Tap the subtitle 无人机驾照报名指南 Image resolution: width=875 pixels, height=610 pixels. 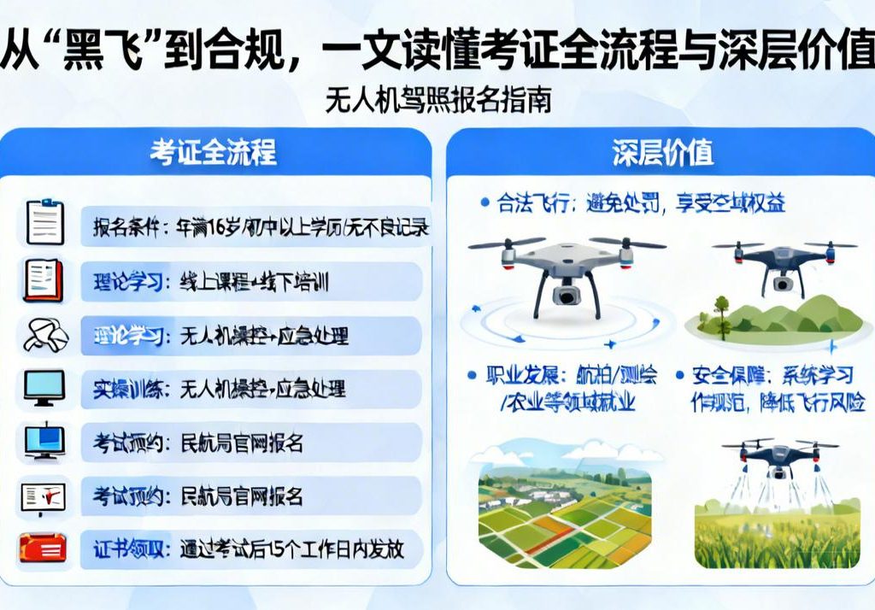point(437,101)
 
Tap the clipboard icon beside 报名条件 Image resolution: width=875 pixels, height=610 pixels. point(44,222)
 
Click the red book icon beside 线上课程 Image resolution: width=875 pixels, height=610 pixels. point(43,280)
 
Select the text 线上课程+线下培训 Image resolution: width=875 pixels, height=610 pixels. point(255,281)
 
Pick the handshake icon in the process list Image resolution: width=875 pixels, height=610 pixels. point(44,335)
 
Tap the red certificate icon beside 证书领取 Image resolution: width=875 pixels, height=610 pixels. point(43,548)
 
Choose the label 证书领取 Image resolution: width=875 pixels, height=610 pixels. point(128,548)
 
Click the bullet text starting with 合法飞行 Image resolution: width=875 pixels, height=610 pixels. point(632,203)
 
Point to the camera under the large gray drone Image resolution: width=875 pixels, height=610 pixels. point(566,294)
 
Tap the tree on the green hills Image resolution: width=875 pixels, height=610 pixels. point(721,313)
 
